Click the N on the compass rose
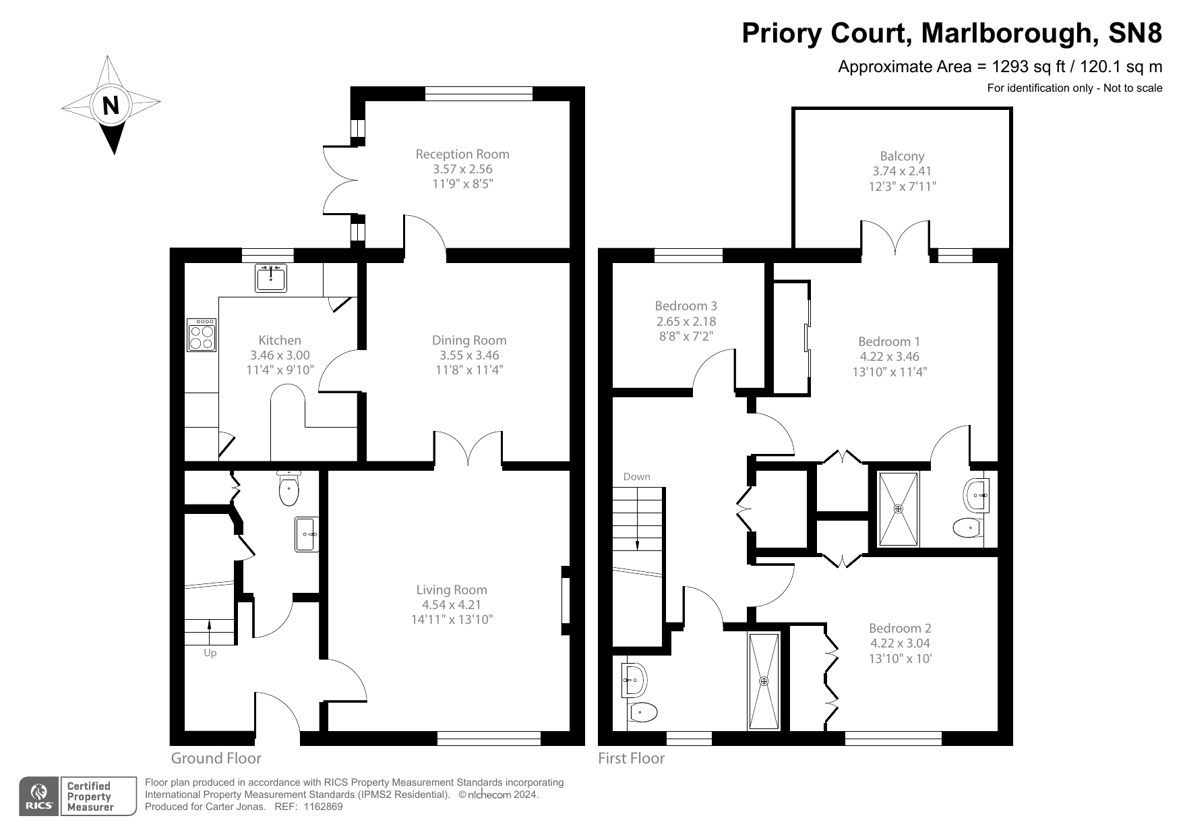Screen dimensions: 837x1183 (111, 106)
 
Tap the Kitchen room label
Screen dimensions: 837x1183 (280, 340)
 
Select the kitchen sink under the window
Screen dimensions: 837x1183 (271, 277)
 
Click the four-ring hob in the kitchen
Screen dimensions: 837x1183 (202, 335)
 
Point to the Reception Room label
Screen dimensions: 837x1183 (462, 154)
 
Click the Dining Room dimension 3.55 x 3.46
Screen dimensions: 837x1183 (469, 355)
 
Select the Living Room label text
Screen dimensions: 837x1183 (452, 589)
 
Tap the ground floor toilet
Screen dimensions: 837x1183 (289, 490)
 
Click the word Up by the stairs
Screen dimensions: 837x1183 (210, 653)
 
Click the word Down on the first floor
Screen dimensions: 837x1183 (636, 476)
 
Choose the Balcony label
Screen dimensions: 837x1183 (902, 156)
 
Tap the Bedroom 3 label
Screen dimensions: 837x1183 (686, 306)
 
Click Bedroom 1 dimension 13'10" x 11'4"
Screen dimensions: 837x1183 (889, 371)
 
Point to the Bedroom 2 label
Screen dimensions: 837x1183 (900, 628)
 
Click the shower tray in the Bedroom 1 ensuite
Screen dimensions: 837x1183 (899, 509)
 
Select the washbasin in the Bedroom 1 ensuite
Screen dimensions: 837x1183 (977, 496)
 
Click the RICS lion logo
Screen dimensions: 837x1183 (40, 791)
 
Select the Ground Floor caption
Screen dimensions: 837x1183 (216, 758)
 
